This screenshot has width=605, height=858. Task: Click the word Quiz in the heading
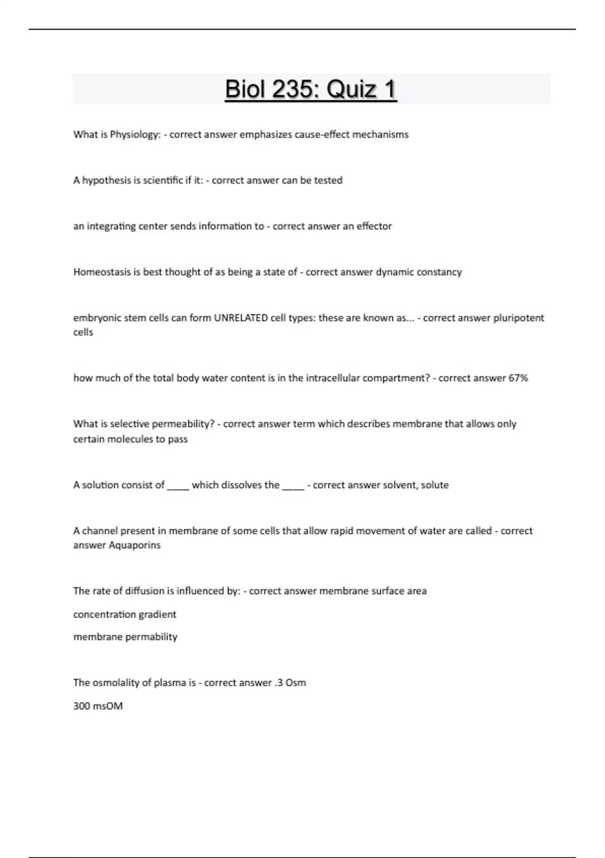(348, 89)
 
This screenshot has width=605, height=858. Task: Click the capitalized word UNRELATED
(240, 318)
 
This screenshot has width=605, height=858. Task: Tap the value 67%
(518, 378)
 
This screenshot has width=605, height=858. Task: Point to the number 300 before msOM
(82, 706)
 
